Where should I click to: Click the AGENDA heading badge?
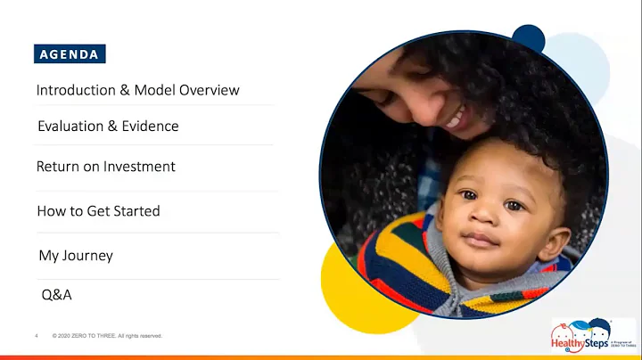pyautogui.click(x=70, y=53)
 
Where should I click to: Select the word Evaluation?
pyautogui.click(x=70, y=127)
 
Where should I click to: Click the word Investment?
pyautogui.click(x=139, y=167)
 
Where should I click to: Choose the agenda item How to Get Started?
pyautogui.click(x=98, y=211)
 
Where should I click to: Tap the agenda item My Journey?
pyautogui.click(x=75, y=256)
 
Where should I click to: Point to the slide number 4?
pyautogui.click(x=37, y=336)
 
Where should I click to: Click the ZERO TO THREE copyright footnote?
pyautogui.click(x=108, y=336)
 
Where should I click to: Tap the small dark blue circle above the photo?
pyautogui.click(x=528, y=38)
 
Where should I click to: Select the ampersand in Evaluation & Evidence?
pyautogui.click(x=112, y=127)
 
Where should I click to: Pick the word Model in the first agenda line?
pyautogui.click(x=155, y=91)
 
